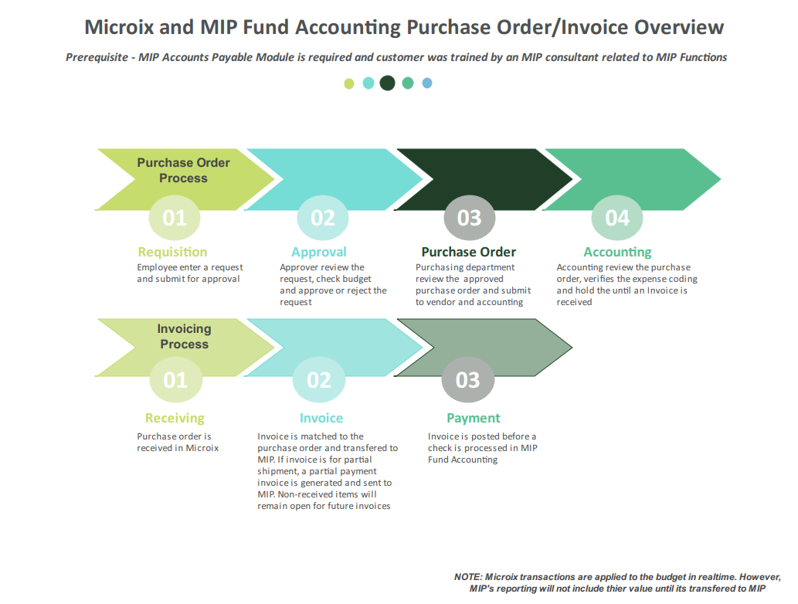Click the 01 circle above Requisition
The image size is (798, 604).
[175, 218]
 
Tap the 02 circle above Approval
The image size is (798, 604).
[322, 218]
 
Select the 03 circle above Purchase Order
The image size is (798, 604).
[469, 218]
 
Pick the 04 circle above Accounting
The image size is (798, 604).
[616, 218]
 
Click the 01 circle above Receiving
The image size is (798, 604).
[175, 380]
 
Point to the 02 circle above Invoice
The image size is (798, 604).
[318, 380]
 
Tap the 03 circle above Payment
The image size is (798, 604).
[467, 380]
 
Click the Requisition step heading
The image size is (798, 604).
[172, 252]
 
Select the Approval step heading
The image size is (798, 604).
[319, 252]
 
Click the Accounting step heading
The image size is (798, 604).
[617, 252]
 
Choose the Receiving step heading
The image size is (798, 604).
[175, 418]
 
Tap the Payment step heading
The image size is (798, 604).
[474, 418]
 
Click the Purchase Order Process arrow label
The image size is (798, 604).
[184, 170]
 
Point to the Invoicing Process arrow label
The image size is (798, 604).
[184, 336]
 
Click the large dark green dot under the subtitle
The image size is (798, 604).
[387, 83]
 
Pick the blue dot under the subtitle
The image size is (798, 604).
[427, 83]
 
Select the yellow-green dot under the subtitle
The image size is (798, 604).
[349, 83]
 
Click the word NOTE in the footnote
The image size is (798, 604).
[467, 577]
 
